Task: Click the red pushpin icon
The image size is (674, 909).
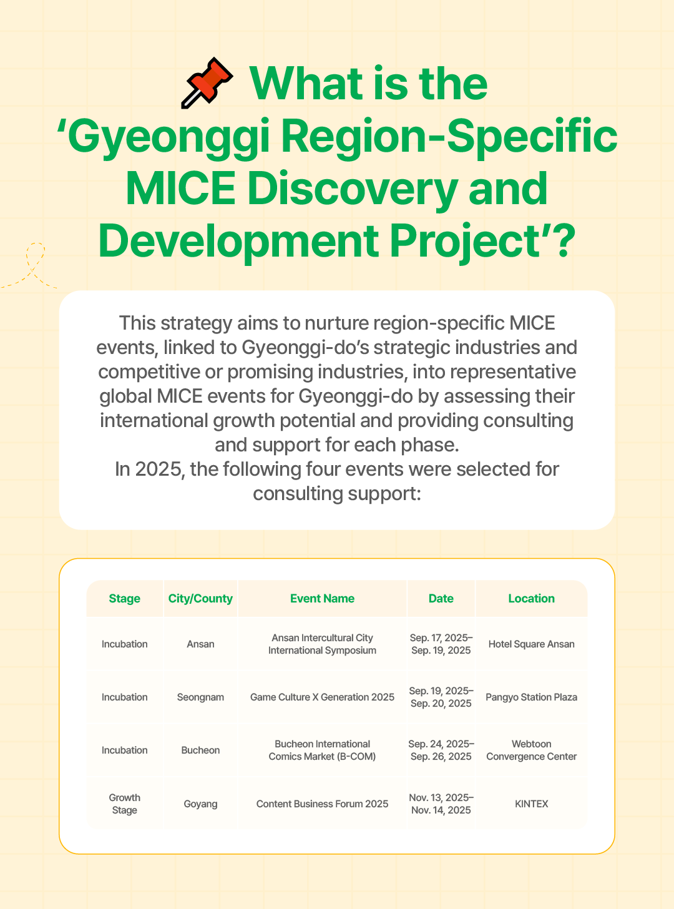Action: pos(207,83)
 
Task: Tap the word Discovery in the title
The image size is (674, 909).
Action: pos(353,189)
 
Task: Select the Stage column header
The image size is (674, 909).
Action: pos(125,598)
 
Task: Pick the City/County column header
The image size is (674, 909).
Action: pos(200,599)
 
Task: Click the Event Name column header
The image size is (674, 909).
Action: pos(322,598)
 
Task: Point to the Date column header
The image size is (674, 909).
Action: pos(441,598)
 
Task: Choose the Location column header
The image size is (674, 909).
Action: pos(532,598)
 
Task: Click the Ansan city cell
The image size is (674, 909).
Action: pos(200,644)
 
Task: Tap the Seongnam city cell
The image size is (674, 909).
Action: pos(200,697)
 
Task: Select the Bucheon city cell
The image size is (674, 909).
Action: pos(200,750)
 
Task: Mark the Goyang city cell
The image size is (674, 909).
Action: pos(200,803)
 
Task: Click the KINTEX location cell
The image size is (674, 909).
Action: pos(532,803)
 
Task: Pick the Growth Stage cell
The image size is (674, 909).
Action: pos(125,803)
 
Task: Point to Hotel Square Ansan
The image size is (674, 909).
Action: pos(532,644)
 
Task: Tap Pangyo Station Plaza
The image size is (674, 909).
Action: pos(532,697)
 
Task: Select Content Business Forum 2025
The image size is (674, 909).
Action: pos(322,803)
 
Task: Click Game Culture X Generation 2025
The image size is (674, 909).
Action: pos(322,697)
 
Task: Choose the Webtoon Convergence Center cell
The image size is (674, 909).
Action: pos(532,750)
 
